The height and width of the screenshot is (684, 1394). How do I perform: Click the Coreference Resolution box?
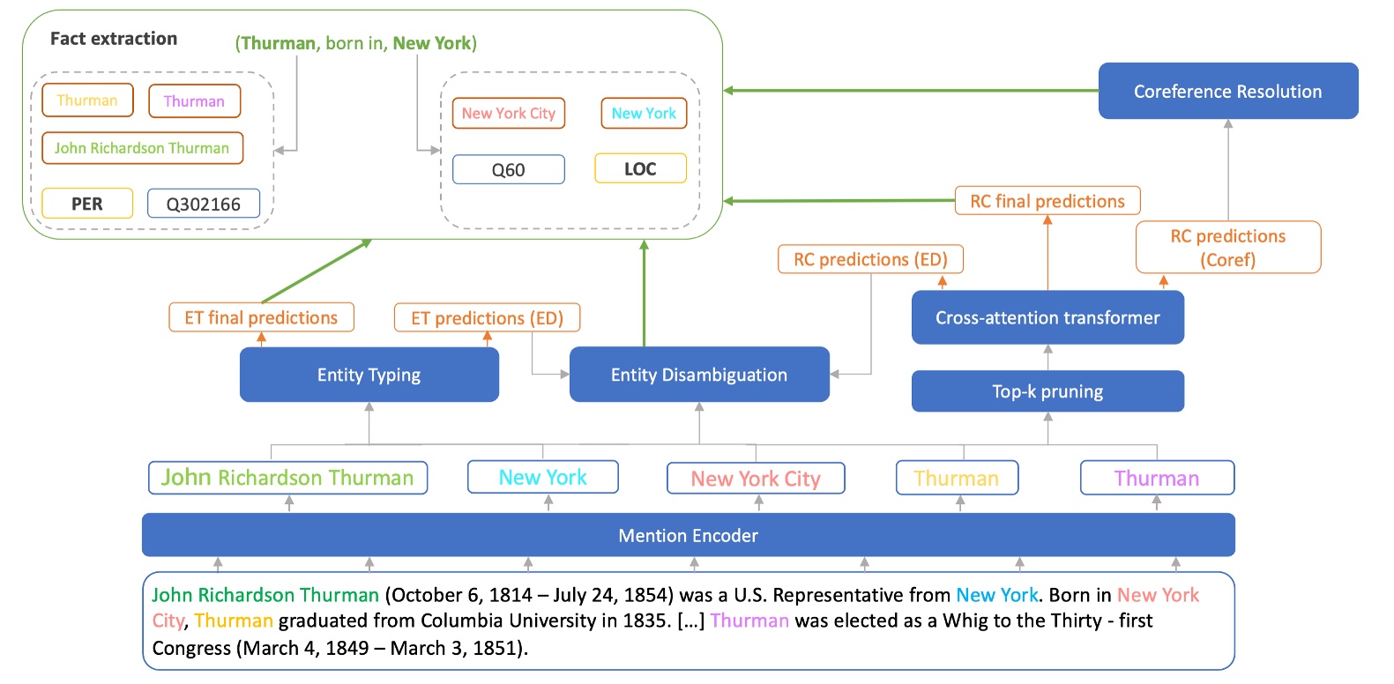1227,91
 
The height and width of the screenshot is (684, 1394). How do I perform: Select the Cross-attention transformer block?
1047,317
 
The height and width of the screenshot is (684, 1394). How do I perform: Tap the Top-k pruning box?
1047,391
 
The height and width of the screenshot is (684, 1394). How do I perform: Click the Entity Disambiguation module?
698,375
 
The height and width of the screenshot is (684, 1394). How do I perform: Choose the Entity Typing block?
369,375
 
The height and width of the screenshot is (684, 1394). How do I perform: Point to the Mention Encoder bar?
688,535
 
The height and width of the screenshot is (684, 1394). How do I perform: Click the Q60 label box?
508,170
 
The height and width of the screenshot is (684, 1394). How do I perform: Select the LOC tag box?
640,168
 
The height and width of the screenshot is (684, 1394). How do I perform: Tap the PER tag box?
86,204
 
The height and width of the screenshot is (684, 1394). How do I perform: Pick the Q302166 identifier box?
203,204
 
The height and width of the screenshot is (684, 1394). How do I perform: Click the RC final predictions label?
1047,201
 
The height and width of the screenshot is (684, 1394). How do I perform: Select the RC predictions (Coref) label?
1227,247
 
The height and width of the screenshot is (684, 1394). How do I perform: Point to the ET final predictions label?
261,317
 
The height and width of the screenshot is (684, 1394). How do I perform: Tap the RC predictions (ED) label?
870,259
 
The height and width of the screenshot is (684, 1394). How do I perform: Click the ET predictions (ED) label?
487,317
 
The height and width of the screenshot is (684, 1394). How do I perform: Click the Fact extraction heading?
113,39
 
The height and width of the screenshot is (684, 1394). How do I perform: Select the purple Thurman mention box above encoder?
1156,478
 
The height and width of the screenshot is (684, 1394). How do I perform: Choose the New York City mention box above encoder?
756,479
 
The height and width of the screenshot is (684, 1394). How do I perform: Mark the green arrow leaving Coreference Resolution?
908,91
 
